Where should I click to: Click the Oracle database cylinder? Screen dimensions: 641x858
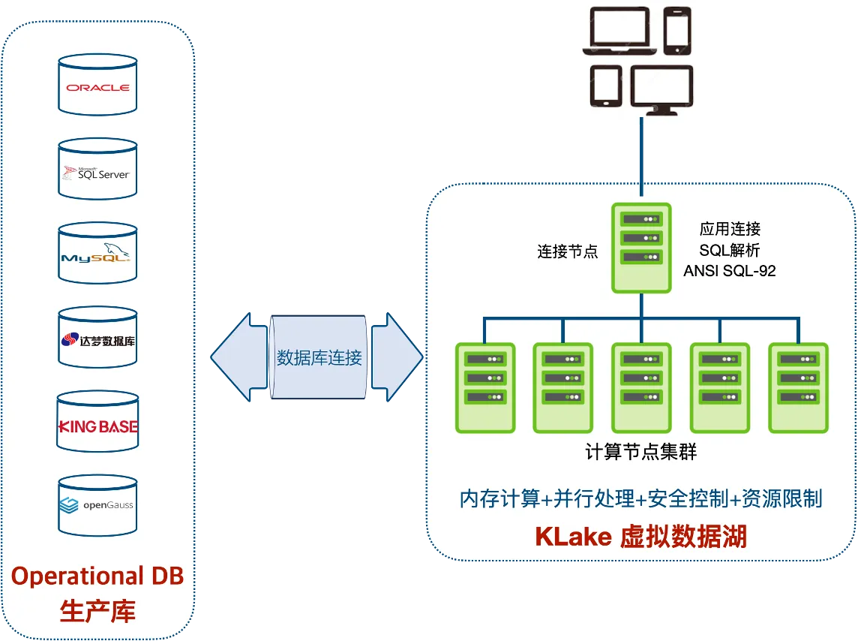click(97, 85)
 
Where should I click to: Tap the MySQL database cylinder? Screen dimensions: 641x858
click(97, 256)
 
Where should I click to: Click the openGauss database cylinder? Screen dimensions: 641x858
click(97, 505)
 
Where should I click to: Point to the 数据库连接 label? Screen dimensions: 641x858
click(319, 357)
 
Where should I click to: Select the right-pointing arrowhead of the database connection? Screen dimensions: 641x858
click(397, 357)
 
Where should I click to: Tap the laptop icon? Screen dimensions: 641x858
click(622, 32)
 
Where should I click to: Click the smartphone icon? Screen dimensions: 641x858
click(677, 31)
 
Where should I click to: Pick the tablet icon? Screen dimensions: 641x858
click(605, 86)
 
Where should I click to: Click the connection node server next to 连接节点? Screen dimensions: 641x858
click(640, 248)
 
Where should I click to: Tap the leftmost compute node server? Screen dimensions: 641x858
click(485, 387)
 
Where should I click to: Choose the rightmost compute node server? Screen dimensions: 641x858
click(798, 387)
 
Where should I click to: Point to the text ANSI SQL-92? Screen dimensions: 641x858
click(730, 271)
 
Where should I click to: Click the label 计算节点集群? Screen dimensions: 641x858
click(640, 453)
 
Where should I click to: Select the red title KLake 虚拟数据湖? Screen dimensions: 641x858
click(640, 537)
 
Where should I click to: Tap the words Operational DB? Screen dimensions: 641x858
click(97, 576)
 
